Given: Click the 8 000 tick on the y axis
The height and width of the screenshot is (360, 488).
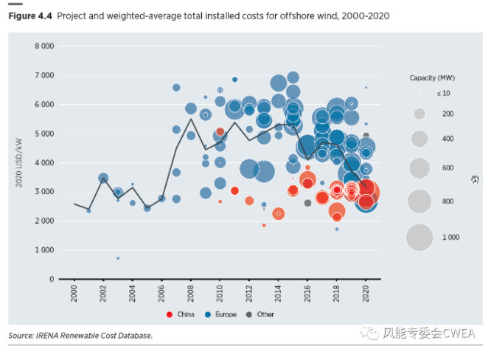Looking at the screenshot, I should click(44, 46).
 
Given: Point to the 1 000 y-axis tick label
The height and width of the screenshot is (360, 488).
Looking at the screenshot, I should click(44, 250).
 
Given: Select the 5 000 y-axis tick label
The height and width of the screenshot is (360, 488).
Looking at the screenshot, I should click(44, 134).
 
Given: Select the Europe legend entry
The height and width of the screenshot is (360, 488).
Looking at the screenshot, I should click(223, 314).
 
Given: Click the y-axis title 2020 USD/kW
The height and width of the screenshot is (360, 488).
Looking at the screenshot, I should click(20, 162).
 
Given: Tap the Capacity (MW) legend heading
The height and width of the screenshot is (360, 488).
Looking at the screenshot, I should click(432, 78).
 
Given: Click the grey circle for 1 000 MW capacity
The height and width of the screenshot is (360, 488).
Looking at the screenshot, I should click(419, 238).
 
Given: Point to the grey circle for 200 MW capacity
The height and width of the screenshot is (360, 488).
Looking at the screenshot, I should click(419, 114).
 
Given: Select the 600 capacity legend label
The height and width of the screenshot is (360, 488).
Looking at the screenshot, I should click(447, 168).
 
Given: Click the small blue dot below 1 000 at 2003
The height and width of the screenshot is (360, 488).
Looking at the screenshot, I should click(118, 258).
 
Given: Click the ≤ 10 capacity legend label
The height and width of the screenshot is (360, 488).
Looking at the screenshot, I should click(444, 94).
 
